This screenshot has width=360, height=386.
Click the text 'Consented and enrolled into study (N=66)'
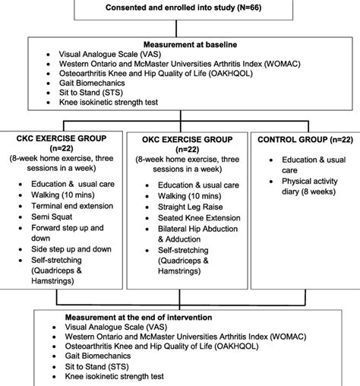[181, 8]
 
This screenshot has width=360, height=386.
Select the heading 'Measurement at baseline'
[179, 45]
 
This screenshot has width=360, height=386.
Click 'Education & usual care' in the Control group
[302, 167]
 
